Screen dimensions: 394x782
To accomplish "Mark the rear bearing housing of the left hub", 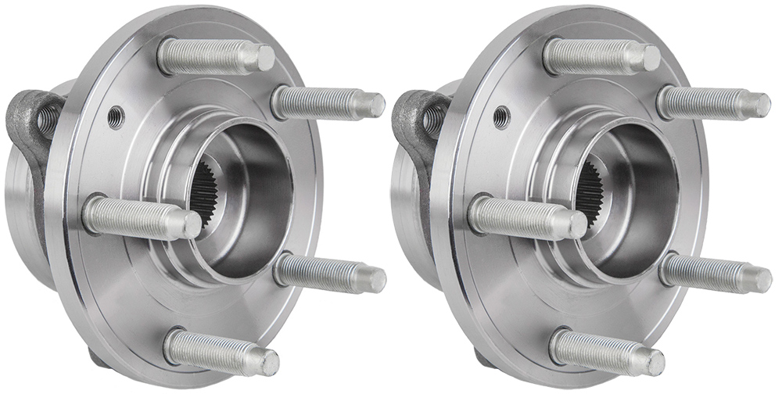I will (x=23, y=211).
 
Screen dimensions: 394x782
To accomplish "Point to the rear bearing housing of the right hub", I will (x=409, y=211).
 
